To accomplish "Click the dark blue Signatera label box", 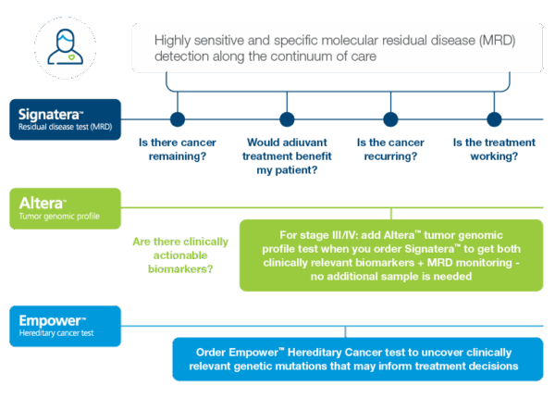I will pyautogui.click(x=67, y=119).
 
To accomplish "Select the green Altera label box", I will pyautogui.click(x=67, y=208).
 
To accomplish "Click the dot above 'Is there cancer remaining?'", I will pyautogui.click(x=178, y=119).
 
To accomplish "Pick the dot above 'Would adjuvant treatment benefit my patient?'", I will pyautogui.click(x=287, y=119).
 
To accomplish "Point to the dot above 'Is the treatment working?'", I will pyautogui.click(x=494, y=119).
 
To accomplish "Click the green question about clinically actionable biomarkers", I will pyautogui.click(x=176, y=256).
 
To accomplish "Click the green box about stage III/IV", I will pyautogui.click(x=391, y=255).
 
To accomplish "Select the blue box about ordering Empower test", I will pyautogui.click(x=357, y=359).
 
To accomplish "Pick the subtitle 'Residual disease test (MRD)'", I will pyautogui.click(x=65, y=129).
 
